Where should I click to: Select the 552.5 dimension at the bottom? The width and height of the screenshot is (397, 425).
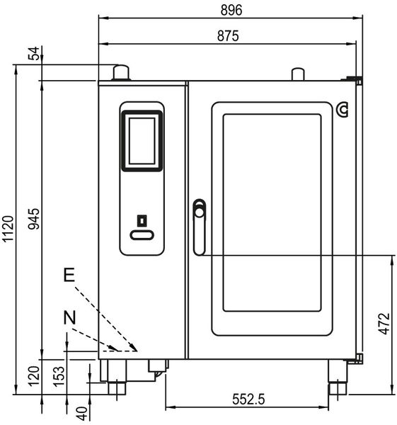tap(248, 399)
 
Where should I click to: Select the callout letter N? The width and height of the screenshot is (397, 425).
tap(69, 319)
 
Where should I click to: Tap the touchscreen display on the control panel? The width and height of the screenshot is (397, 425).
tap(142, 140)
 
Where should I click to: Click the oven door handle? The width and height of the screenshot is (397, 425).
tap(200, 226)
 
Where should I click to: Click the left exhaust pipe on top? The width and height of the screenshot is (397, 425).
tap(121, 72)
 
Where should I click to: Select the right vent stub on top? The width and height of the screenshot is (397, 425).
tap(298, 74)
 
